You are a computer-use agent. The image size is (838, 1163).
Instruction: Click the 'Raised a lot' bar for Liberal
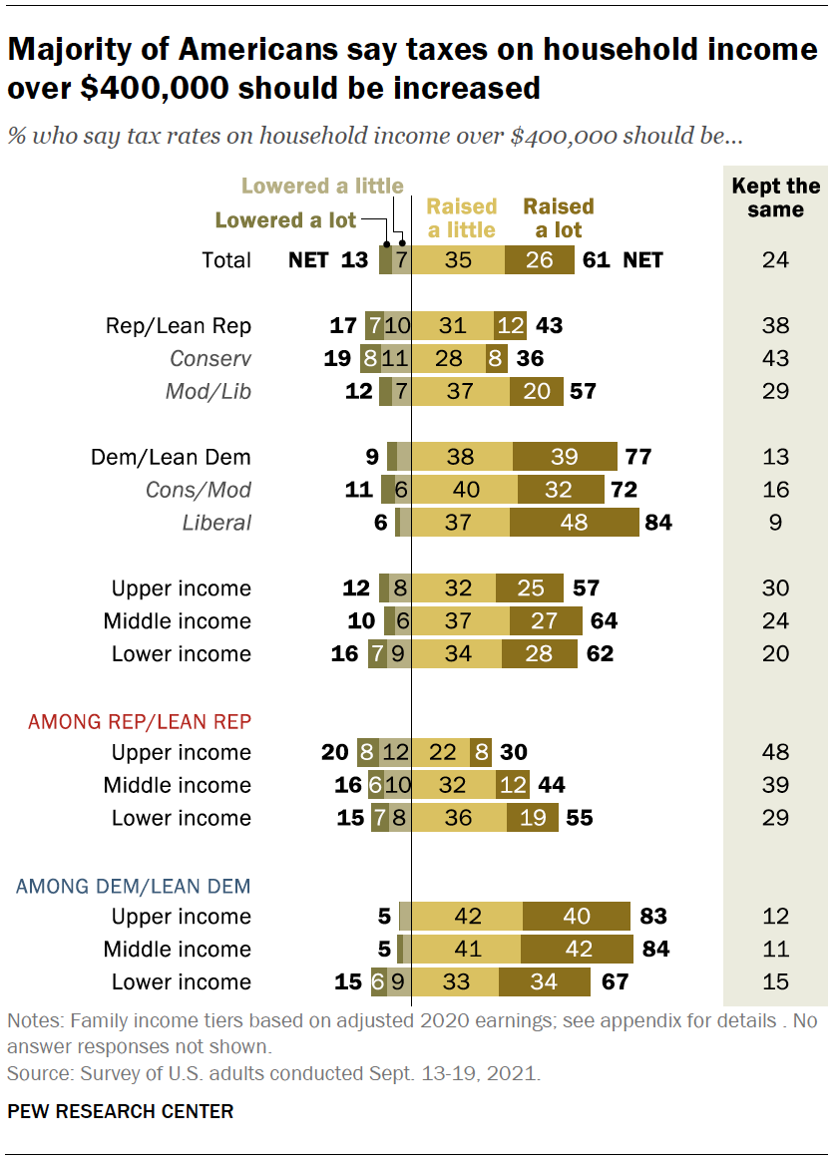point(575,523)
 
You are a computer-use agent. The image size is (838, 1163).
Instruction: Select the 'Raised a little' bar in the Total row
point(458,260)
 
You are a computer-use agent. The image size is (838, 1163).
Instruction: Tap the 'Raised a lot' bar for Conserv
point(493,359)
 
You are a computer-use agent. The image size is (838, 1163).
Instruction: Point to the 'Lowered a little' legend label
point(322,187)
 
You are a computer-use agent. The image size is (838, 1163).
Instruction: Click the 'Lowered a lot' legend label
point(285,220)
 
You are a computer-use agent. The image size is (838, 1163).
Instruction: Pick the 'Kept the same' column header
point(775,197)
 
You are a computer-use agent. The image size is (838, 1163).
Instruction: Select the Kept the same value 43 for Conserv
point(775,359)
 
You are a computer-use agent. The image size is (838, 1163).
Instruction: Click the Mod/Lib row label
point(209,392)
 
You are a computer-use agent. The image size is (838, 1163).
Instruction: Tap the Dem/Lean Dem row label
point(171,457)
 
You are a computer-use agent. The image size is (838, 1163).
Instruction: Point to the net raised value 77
point(637,457)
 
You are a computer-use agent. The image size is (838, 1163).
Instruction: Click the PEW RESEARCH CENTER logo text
point(121,1111)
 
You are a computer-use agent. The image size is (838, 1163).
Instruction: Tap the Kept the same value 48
point(775,752)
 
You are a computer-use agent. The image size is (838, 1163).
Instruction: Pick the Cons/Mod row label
point(212,490)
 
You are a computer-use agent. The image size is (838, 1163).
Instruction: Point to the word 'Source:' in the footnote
point(39,1075)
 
